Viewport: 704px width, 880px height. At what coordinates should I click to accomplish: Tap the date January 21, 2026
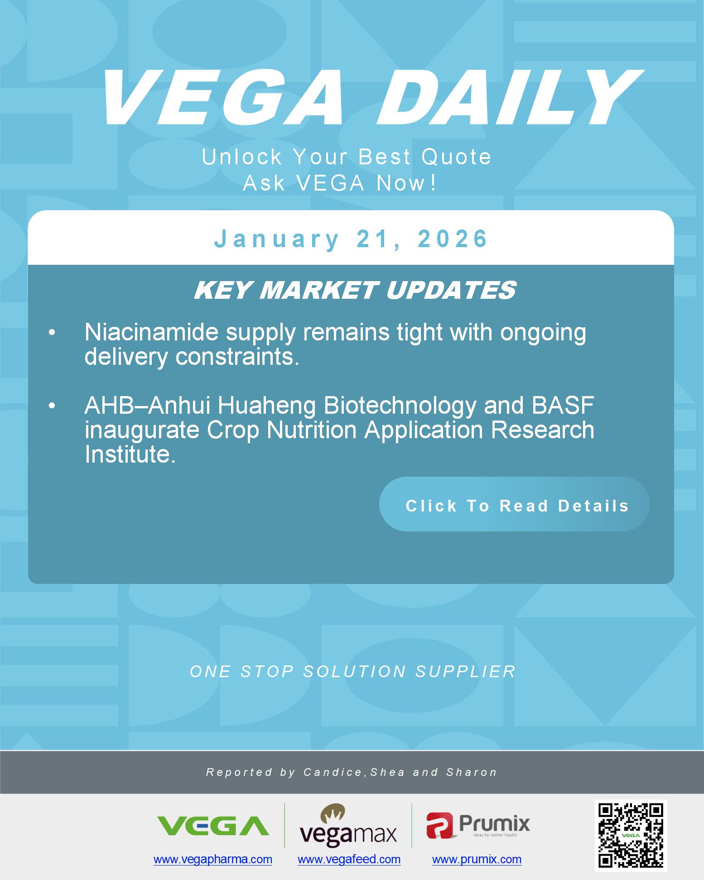[351, 239]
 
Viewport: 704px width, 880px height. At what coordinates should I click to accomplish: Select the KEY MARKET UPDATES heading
[355, 290]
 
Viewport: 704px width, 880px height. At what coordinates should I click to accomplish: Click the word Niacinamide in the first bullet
[151, 333]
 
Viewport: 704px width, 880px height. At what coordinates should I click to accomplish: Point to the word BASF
[562, 406]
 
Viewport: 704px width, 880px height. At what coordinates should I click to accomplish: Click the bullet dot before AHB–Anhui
[52, 407]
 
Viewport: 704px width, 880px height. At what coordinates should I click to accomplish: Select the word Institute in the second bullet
[130, 454]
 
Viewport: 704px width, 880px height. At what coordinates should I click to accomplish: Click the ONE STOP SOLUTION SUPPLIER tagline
[352, 671]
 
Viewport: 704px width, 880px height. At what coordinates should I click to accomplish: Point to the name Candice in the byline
[333, 772]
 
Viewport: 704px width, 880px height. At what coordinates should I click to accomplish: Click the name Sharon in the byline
[472, 772]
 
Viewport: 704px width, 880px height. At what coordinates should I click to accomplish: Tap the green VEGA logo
[212, 826]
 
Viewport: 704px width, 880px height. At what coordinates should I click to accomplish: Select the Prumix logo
[478, 825]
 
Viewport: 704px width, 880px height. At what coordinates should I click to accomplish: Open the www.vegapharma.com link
[213, 859]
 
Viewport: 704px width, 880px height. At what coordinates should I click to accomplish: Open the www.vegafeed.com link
[349, 859]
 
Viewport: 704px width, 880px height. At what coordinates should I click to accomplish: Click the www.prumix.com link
[477, 859]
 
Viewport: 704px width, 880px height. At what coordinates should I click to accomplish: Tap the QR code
[631, 835]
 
